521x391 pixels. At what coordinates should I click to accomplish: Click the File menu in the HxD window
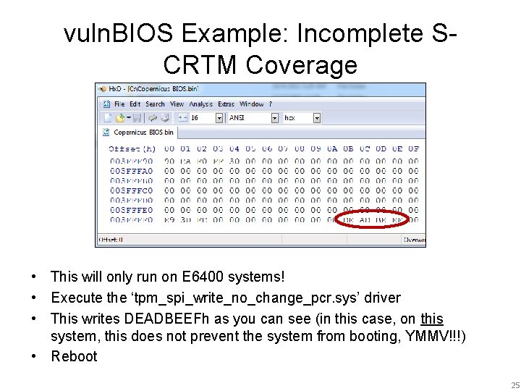[119, 104]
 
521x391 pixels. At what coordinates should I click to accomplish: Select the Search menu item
[155, 104]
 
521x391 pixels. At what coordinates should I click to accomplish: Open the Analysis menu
[200, 104]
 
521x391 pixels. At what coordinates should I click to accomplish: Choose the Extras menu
[226, 104]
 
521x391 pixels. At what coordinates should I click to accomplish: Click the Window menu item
[251, 104]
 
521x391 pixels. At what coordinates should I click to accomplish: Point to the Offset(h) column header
[132, 148]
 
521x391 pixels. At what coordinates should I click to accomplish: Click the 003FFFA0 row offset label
[132, 171]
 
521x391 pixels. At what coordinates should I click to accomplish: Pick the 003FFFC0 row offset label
[132, 190]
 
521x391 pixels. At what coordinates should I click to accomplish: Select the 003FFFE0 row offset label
[132, 210]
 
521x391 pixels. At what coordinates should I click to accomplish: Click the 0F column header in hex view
[413, 148]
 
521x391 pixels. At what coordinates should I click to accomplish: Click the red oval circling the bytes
[373, 219]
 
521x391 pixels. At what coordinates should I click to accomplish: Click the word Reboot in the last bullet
[74, 356]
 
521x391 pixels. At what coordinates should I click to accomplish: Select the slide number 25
[514, 385]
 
